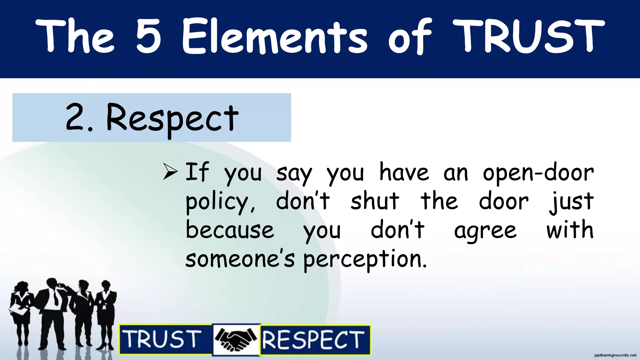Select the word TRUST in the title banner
pos(528,36)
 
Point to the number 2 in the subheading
pos(75,117)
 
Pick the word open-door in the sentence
pos(538,173)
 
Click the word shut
pos(375,201)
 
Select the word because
pos(230,230)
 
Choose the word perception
pos(365,259)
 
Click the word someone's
pos(240,259)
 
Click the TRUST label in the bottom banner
pos(162,339)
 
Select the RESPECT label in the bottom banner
pos(313,340)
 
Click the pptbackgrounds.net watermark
pos(615,355)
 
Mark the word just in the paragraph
pos(572,202)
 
